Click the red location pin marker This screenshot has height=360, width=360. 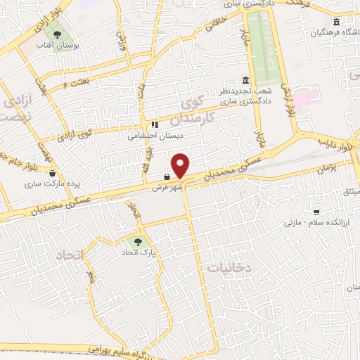click(x=181, y=165)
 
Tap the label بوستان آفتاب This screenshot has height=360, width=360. click(x=57, y=46)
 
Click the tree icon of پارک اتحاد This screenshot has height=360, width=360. click(x=137, y=242)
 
